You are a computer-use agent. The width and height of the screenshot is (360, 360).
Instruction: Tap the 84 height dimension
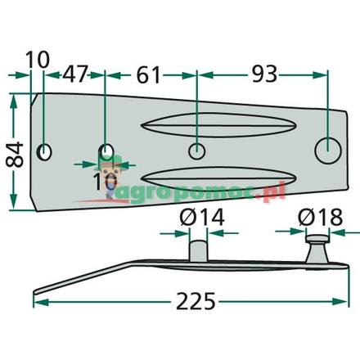(x=14, y=152)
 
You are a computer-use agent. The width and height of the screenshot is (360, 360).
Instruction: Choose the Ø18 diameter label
(x=315, y=218)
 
